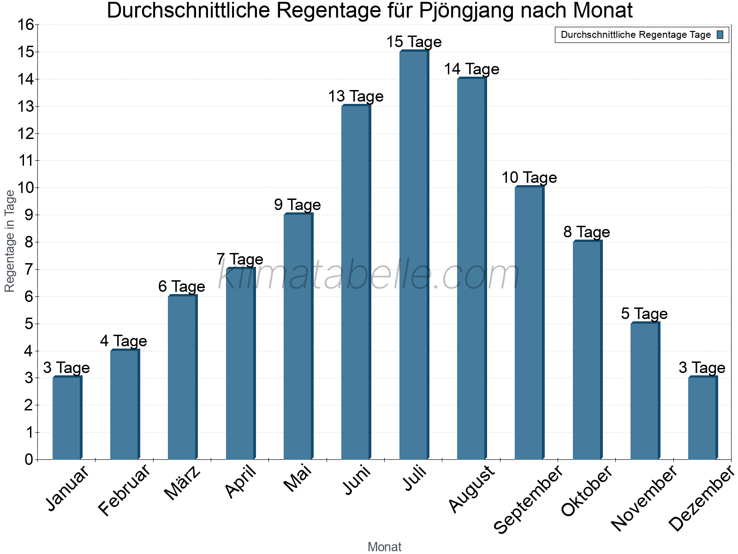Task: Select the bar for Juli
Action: [414, 255]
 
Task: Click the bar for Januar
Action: [67, 418]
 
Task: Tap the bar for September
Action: [529, 323]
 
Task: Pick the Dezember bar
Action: [702, 418]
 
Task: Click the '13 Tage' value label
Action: [356, 96]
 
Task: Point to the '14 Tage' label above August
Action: [471, 69]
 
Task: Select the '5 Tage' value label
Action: [644, 314]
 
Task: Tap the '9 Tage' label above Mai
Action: [298, 205]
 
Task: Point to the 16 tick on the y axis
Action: [27, 25]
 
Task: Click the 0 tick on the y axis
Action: [29, 459]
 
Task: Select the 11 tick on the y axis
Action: [27, 161]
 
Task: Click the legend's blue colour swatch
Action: [720, 35]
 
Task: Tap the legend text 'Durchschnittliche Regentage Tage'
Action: [636, 35]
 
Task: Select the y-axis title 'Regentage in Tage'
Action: [10, 241]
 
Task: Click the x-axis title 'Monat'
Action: [384, 547]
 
